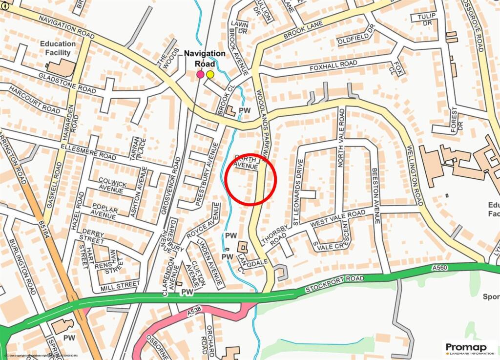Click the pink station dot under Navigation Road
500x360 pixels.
click(200, 74)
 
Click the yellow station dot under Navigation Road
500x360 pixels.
click(210, 74)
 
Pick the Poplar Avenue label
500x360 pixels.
click(103, 212)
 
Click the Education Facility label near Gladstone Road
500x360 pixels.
click(58, 47)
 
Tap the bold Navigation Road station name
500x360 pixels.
click(205, 58)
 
